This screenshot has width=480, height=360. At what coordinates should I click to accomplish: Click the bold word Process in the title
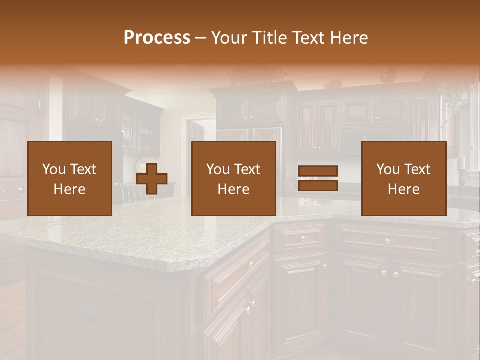pyautogui.click(x=157, y=38)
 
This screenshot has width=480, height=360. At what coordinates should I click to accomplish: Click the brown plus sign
pyautogui.click(x=152, y=178)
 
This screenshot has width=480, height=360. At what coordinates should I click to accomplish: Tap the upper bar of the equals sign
pyautogui.click(x=318, y=171)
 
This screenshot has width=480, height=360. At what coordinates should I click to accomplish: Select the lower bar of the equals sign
pyautogui.click(x=318, y=186)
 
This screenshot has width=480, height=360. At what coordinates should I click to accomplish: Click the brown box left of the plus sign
pyautogui.click(x=69, y=178)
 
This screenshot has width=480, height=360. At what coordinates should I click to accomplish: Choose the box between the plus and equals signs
pyautogui.click(x=233, y=178)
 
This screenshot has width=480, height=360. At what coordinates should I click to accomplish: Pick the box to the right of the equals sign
pyautogui.click(x=403, y=178)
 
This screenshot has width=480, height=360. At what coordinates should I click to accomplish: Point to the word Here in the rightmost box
pyautogui.click(x=403, y=189)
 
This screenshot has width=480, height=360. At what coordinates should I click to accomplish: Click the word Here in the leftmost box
pyautogui.click(x=69, y=189)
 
